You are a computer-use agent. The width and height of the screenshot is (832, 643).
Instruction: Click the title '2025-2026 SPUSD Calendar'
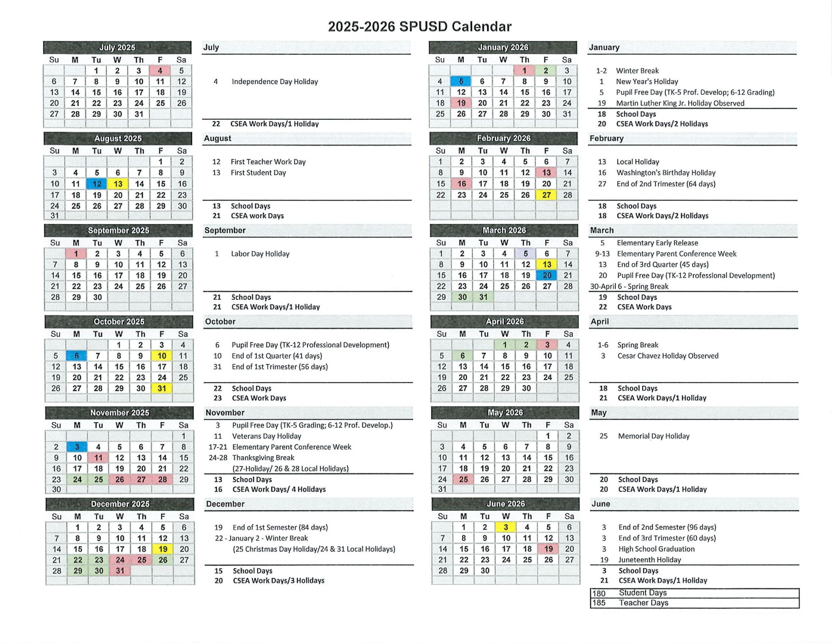click(x=420, y=27)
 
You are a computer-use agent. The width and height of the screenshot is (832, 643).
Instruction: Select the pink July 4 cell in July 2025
click(x=160, y=71)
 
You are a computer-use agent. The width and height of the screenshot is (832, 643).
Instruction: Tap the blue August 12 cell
click(x=97, y=184)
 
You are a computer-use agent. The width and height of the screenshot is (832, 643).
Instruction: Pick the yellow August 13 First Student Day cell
click(x=118, y=184)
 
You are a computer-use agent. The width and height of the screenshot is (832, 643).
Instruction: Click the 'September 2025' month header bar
click(x=119, y=230)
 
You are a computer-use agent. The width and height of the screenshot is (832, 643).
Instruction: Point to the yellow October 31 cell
click(x=162, y=388)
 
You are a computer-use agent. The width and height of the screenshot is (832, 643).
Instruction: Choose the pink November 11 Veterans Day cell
click(x=98, y=458)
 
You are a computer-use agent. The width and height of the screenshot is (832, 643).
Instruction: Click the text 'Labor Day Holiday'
click(x=260, y=254)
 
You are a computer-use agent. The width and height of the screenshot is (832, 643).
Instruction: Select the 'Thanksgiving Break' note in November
click(x=263, y=458)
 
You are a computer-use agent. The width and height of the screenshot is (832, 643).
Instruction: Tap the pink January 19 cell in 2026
click(x=461, y=103)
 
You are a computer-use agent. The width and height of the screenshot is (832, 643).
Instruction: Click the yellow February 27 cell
click(x=547, y=195)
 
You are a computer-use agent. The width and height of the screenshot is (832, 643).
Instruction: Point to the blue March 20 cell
click(x=547, y=276)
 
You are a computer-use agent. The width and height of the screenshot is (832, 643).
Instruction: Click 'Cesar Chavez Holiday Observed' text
click(x=668, y=356)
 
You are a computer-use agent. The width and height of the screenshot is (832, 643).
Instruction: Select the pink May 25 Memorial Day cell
click(x=463, y=479)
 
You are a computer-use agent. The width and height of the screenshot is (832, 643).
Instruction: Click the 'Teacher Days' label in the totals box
click(x=643, y=603)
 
